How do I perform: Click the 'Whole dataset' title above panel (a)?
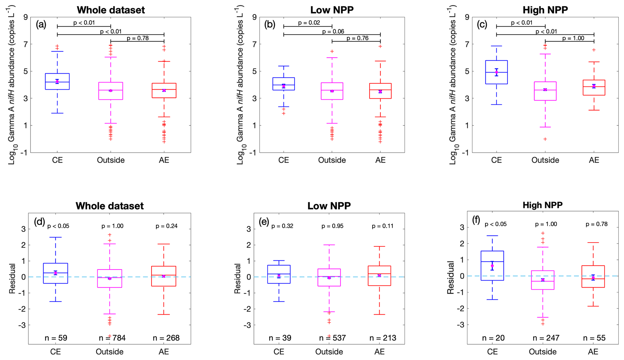click(111, 10)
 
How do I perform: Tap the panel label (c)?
click(482, 24)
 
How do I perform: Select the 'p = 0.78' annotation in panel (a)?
click(138, 38)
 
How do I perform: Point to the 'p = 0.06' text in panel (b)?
click(333, 31)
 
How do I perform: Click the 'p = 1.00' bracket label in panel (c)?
click(573, 38)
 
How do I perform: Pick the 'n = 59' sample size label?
click(56, 338)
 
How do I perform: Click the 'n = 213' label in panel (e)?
click(383, 338)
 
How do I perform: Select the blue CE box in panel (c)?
click(496, 72)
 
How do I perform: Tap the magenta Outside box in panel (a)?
click(111, 91)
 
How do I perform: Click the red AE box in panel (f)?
click(593, 276)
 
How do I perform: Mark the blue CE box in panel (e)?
click(279, 274)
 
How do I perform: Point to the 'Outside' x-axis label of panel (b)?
click(332, 160)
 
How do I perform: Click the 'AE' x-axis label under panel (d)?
click(164, 352)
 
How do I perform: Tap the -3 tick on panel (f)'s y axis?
click(461, 325)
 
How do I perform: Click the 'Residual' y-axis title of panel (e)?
click(238, 278)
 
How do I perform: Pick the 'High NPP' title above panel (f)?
click(542, 205)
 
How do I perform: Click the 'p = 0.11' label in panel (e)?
click(382, 226)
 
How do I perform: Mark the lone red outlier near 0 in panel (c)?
click(545, 139)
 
